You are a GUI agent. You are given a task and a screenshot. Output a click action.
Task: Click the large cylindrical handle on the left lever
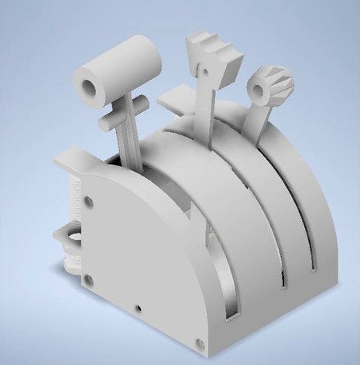(x=124, y=67)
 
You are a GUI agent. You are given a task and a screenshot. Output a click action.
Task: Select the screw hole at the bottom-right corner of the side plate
(x=200, y=341)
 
